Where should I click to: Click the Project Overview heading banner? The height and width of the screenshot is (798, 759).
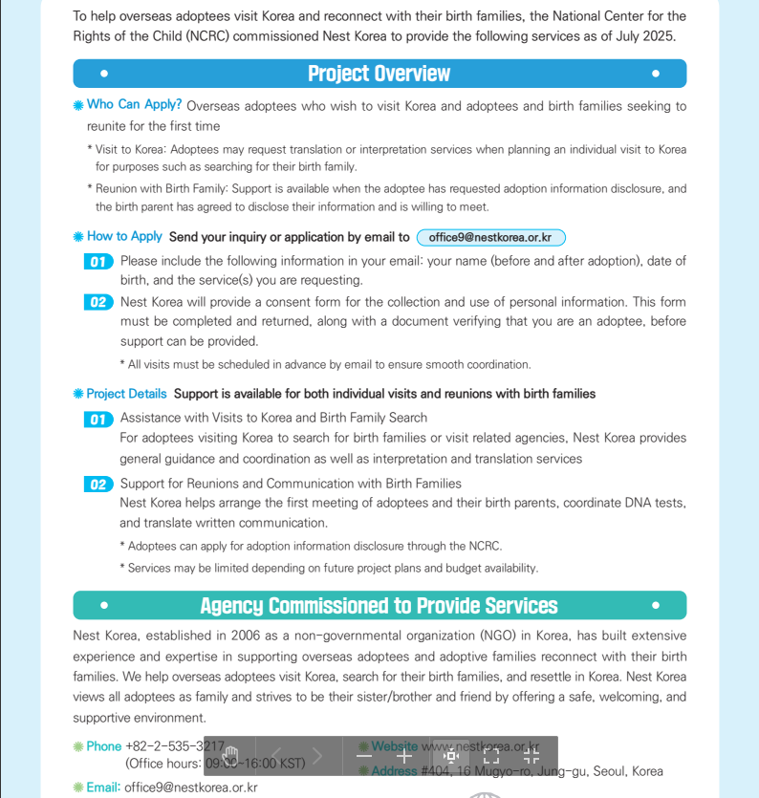[379, 74]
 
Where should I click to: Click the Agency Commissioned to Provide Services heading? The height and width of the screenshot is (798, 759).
[379, 606]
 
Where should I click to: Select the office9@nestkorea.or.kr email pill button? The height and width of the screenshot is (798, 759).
[490, 238]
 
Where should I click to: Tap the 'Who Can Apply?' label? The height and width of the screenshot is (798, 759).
[134, 105]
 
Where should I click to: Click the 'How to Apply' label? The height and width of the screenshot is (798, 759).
[124, 236]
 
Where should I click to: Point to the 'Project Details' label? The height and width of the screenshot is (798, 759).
[126, 394]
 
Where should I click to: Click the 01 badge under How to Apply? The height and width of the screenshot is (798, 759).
[98, 262]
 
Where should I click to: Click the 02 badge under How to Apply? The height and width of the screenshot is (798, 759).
[98, 303]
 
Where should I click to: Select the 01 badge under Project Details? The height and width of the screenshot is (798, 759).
[98, 419]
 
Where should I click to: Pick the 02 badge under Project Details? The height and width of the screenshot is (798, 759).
[98, 485]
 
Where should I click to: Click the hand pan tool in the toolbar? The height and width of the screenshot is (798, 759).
[229, 756]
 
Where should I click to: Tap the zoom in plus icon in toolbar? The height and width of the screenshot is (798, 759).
[404, 756]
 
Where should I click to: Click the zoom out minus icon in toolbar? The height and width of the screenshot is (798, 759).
[364, 756]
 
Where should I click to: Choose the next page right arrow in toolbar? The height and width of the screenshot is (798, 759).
[317, 756]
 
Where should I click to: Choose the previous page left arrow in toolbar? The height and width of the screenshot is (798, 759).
[276, 756]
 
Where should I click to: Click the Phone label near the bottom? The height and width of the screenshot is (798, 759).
[104, 746]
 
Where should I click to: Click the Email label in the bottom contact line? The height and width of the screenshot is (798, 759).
[103, 787]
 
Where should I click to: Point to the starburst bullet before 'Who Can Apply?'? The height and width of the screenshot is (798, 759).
[78, 106]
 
